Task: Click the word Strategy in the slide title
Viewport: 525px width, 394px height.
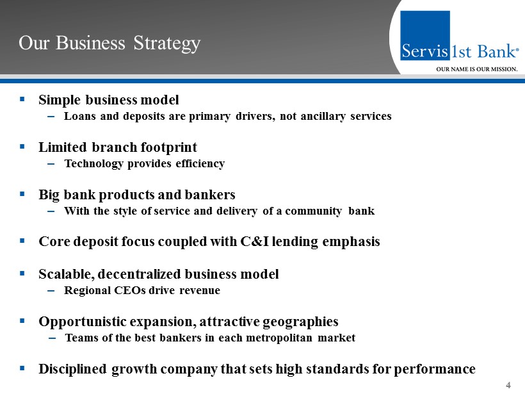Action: (x=166, y=44)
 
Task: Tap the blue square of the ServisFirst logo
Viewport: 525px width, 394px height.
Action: (x=425, y=35)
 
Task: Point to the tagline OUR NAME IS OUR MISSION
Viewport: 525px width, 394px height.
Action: (x=477, y=69)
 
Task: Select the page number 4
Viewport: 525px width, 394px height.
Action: (x=508, y=385)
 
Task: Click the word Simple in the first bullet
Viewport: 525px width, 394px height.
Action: (x=60, y=100)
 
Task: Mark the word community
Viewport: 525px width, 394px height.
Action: (x=313, y=211)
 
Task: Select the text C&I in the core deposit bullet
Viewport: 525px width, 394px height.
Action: (x=254, y=242)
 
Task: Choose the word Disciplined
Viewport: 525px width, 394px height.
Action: (x=72, y=369)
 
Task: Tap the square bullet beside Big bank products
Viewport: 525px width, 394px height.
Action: (x=22, y=193)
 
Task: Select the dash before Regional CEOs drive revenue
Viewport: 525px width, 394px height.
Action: (x=51, y=291)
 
